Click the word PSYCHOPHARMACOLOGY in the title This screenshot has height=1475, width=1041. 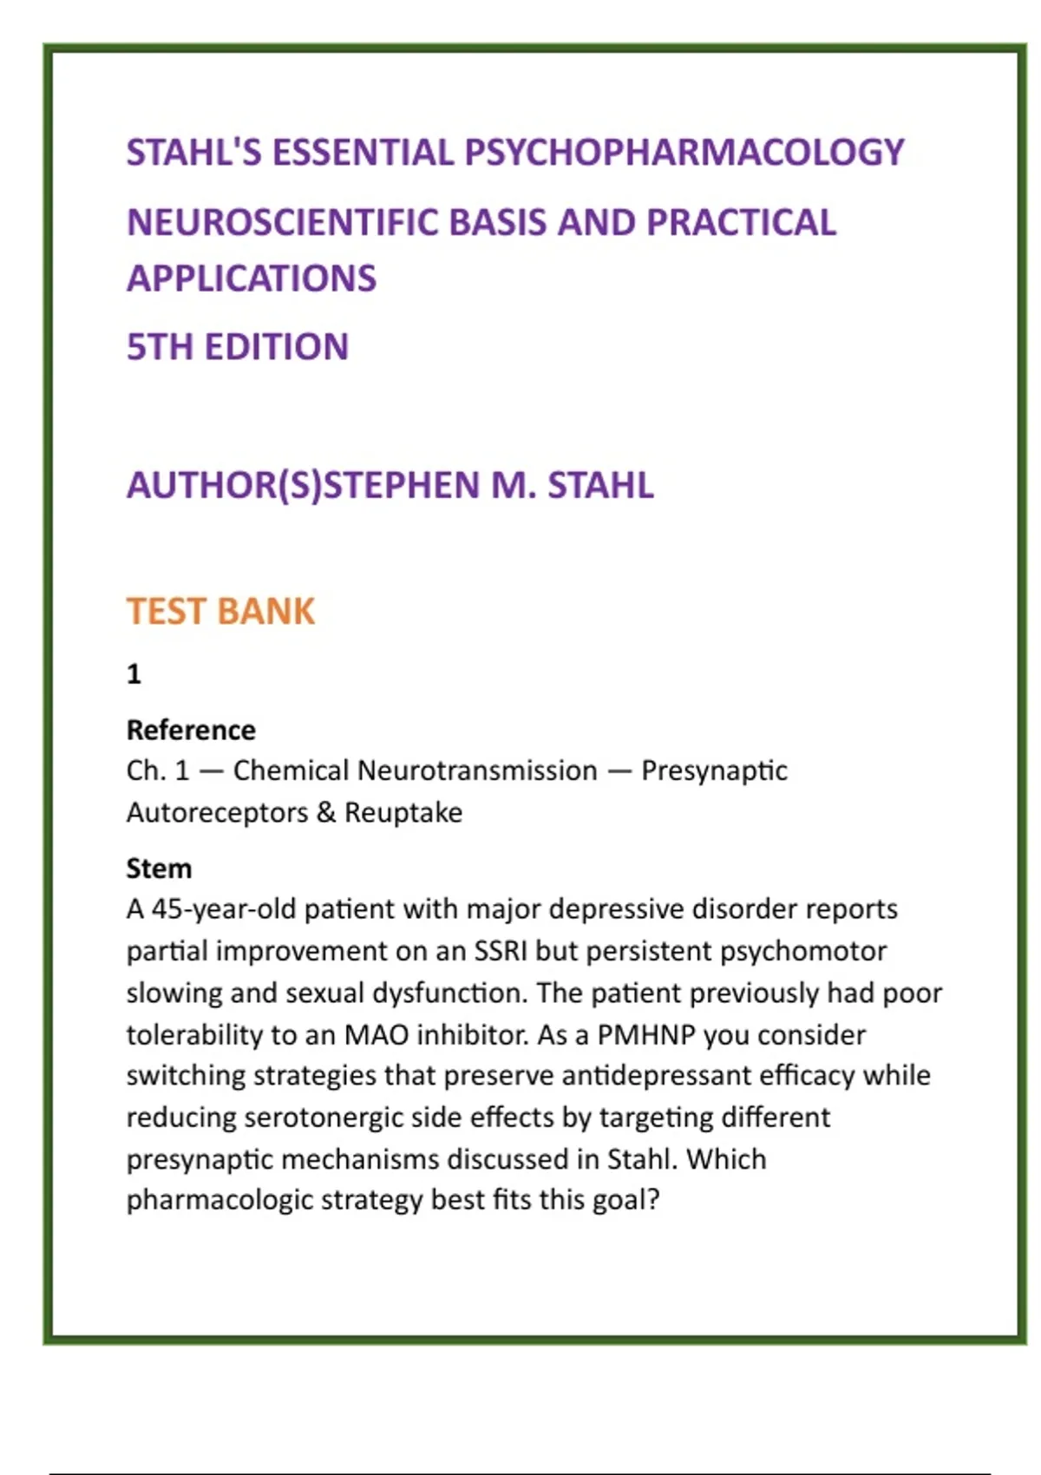[x=684, y=153]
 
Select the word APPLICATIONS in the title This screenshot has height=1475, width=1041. [x=252, y=279]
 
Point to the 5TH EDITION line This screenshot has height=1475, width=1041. [x=238, y=347]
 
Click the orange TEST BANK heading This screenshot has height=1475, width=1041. [x=220, y=612]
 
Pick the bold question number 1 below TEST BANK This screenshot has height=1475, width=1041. [x=134, y=674]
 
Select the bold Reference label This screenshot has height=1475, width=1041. [x=191, y=731]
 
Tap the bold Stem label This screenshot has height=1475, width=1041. [x=159, y=869]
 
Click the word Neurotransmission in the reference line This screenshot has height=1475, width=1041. [x=477, y=770]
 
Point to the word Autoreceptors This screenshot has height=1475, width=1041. [x=217, y=813]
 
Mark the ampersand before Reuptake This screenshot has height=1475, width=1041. [x=326, y=813]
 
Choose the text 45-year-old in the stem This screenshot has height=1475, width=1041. [x=224, y=909]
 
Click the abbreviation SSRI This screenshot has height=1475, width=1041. [x=501, y=951]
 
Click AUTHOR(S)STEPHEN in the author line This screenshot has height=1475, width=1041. [x=304, y=485]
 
